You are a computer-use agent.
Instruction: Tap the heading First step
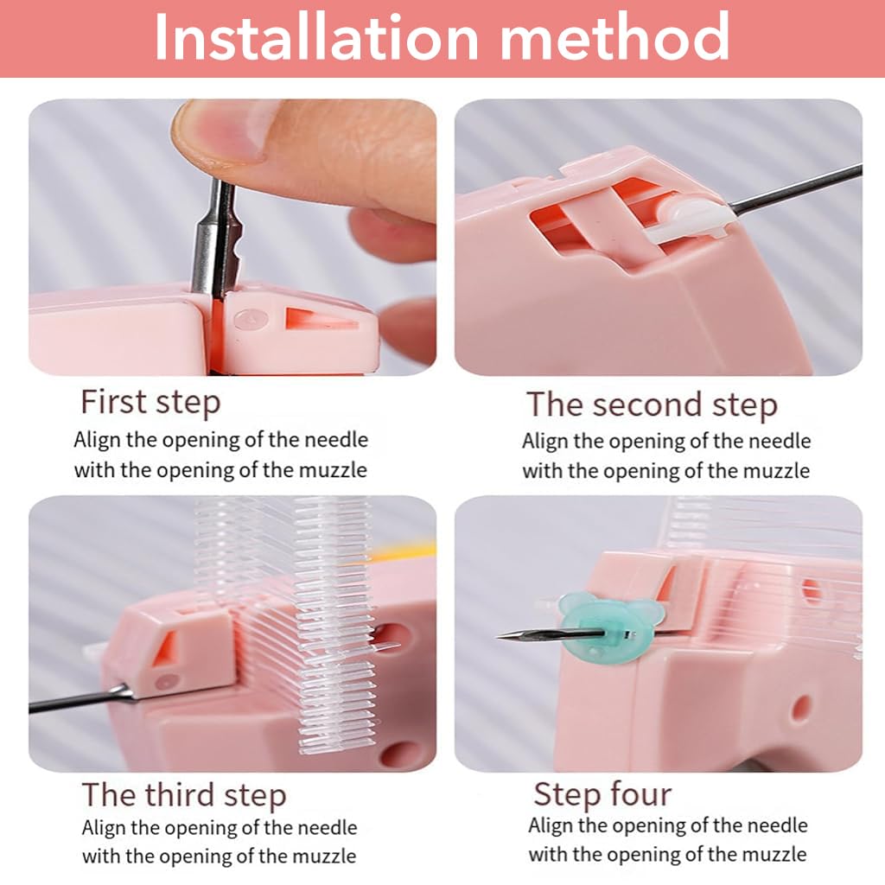point(150,402)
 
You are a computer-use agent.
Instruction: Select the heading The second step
point(652,404)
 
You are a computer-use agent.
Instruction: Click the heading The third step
point(183,794)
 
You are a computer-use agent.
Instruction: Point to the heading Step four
point(602,793)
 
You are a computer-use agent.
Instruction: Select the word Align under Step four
point(551,825)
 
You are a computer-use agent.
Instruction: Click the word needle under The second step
point(780,441)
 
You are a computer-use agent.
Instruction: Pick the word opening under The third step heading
point(197,828)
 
